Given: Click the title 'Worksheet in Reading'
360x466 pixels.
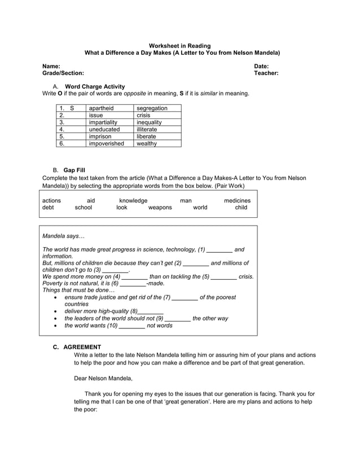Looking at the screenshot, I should coord(179,46).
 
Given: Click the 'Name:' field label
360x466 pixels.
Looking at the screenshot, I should coord(51,67).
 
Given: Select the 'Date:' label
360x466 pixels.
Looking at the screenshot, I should coord(261,67).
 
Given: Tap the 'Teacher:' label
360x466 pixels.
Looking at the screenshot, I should coord(266,73).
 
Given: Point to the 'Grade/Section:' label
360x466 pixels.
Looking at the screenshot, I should coord(63,73).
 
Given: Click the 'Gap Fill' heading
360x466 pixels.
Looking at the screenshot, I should coord(74,170).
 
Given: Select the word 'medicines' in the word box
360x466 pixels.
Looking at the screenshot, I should coord(237,200).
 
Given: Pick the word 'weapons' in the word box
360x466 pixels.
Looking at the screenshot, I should coord(160,208).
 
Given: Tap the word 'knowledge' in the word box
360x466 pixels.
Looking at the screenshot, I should coord(133,200).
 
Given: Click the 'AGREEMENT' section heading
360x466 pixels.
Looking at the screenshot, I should coord(82,347).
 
